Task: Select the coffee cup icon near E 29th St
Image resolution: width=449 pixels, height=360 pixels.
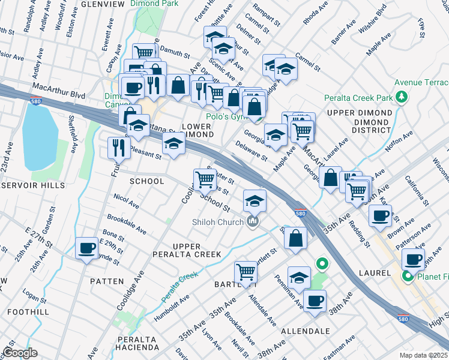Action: [x=86, y=248]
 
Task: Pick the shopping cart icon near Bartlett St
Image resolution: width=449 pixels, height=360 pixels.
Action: [x=246, y=272]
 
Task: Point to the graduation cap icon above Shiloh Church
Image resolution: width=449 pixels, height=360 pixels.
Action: [x=255, y=200]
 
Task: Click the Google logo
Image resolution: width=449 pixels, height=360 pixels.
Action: [x=20, y=353]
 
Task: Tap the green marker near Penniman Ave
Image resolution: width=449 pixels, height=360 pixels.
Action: [x=322, y=263]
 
